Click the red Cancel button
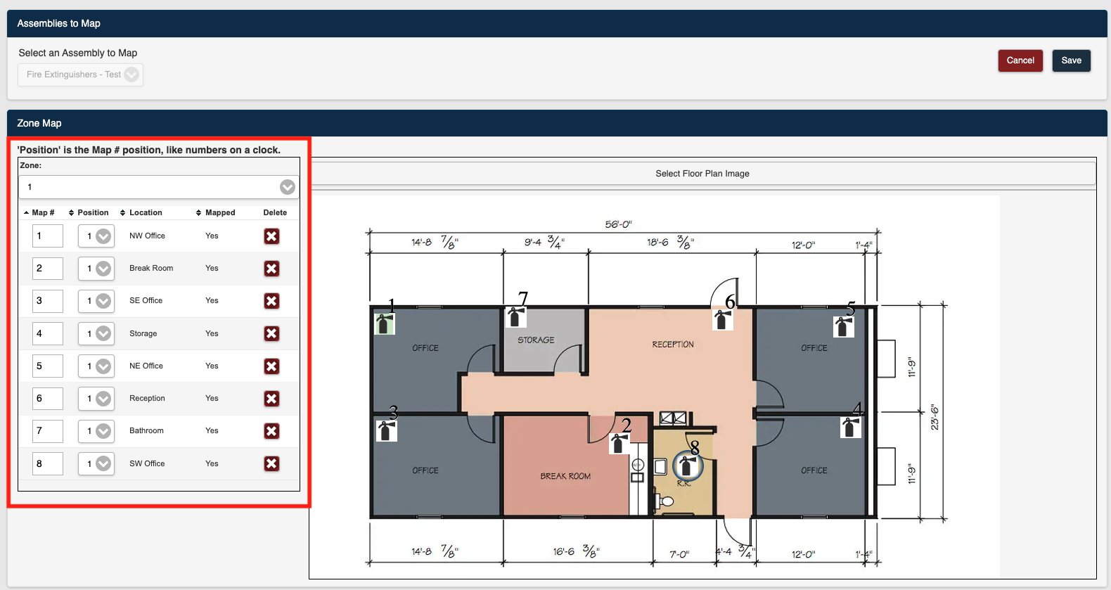point(1020,60)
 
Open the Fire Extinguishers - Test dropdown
point(80,75)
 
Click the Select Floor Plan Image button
point(702,174)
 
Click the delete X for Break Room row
point(271,269)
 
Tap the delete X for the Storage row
point(271,333)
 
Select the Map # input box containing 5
point(48,366)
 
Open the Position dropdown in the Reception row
point(96,399)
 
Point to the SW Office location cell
point(147,463)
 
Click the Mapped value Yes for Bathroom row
point(212,430)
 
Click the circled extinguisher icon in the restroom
point(688,466)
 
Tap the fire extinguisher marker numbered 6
point(723,319)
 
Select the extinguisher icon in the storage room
point(516,316)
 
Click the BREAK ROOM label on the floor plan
point(565,476)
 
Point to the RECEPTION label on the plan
point(672,345)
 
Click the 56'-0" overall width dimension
point(618,224)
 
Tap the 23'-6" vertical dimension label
point(935,417)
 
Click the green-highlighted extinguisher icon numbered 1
point(385,324)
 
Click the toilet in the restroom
point(664,500)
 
